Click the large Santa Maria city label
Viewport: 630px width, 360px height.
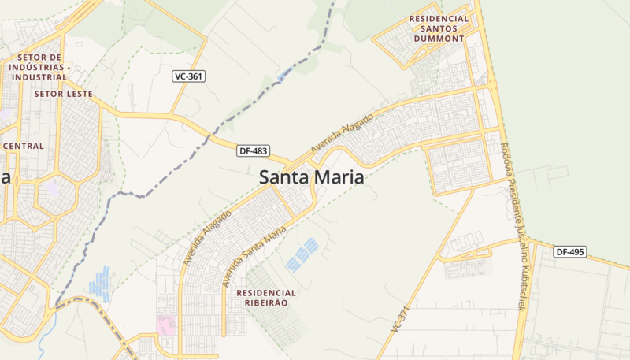(x=312, y=177)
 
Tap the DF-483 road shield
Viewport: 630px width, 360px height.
(x=253, y=150)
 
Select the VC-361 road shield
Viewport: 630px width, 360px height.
(x=189, y=76)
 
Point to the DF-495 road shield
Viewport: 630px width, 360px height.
(x=569, y=252)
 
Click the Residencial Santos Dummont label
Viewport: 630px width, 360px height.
(x=439, y=28)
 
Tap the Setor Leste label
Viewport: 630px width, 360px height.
(x=64, y=93)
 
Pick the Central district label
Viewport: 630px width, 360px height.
(x=24, y=146)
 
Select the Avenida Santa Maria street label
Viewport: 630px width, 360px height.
(x=254, y=257)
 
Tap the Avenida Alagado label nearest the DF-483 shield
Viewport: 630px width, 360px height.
(x=342, y=133)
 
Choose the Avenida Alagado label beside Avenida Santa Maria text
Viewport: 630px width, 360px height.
(x=208, y=236)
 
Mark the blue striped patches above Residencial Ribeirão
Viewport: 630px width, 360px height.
(x=302, y=254)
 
